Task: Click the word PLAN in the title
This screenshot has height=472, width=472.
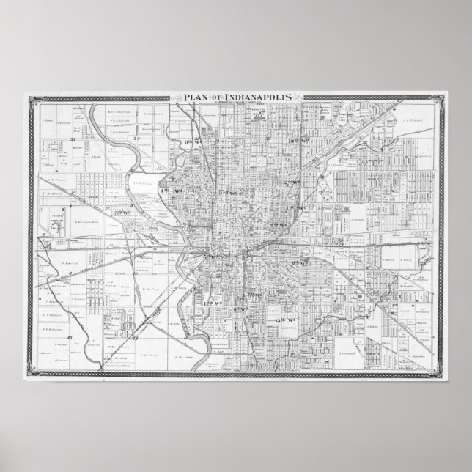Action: [x=187, y=97]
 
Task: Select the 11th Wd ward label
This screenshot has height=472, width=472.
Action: [x=193, y=139]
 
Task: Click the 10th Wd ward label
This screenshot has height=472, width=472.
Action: [x=298, y=139]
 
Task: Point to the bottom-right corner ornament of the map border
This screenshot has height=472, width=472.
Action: [x=440, y=375]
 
